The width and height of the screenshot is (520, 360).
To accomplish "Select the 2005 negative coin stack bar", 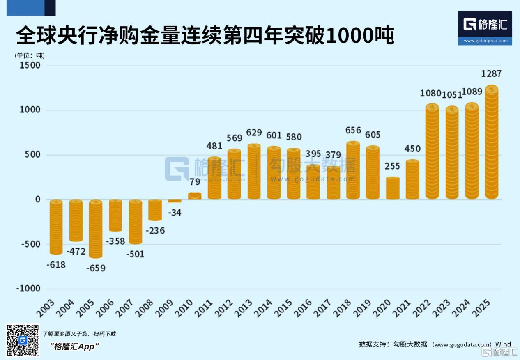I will tap(96, 229).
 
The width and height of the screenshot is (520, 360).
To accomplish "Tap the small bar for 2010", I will tap(195, 196).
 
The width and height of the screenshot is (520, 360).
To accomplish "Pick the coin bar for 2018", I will tap(353, 171).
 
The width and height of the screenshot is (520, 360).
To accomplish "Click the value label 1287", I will tap(491, 74).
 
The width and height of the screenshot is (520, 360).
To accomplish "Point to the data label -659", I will tap(96, 268).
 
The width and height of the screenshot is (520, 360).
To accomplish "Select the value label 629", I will tap(254, 133).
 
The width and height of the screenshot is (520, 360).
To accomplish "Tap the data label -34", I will tap(175, 213).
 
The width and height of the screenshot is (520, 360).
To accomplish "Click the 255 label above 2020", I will tap(392, 166).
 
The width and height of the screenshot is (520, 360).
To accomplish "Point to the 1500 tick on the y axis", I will tap(29, 65).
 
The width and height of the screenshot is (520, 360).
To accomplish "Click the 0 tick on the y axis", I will tap(38, 199).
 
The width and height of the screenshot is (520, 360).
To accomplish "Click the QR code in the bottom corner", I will tap(23, 340).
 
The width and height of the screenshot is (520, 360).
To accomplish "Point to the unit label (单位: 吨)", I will tap(30, 55).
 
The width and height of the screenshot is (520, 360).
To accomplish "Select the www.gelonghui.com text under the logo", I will tap(485, 41).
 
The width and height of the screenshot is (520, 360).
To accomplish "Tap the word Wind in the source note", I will tap(503, 344).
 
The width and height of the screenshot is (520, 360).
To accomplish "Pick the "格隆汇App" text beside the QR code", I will tap(75, 346).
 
